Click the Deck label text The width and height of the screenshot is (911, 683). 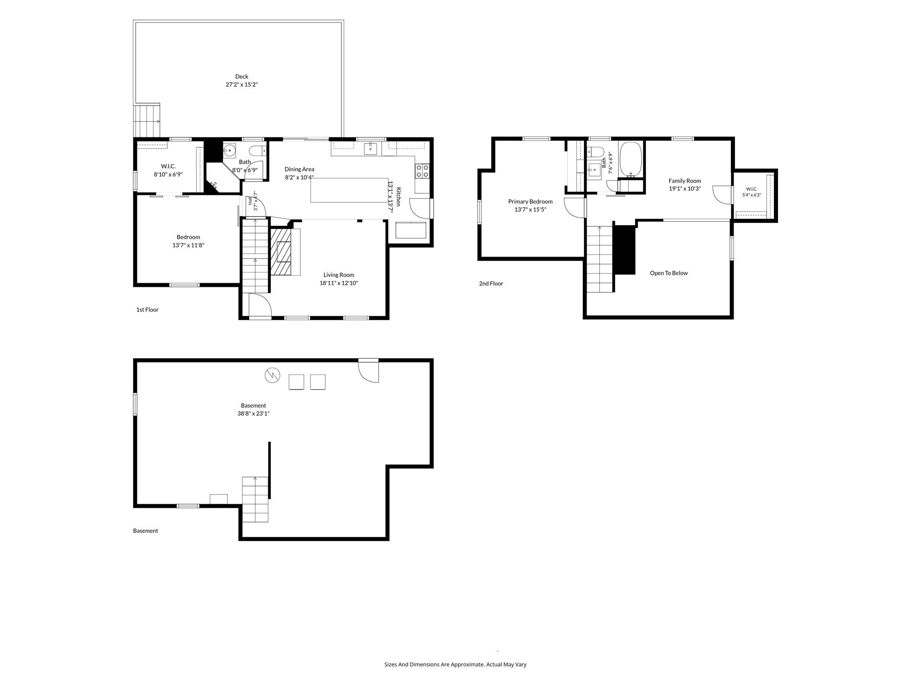[242, 76]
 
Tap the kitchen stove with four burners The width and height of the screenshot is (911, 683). [423, 171]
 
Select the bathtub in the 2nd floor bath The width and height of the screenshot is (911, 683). [631, 160]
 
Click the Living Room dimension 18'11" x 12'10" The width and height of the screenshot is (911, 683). [339, 283]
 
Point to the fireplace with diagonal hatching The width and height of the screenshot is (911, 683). [281, 252]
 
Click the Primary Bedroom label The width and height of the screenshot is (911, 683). [530, 201]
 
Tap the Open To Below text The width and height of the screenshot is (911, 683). [669, 273]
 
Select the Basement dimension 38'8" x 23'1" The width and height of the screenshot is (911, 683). [254, 414]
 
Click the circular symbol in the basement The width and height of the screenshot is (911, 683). [272, 375]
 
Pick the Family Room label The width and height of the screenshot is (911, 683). [685, 181]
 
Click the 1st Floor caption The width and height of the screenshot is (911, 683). [147, 309]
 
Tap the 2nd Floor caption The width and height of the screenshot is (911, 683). [491, 283]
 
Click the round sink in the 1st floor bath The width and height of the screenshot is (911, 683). [229, 151]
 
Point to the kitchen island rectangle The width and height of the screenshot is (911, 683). [349, 190]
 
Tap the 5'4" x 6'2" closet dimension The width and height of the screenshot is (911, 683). [752, 195]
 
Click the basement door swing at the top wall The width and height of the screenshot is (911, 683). [369, 370]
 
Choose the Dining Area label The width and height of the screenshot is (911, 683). [299, 169]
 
